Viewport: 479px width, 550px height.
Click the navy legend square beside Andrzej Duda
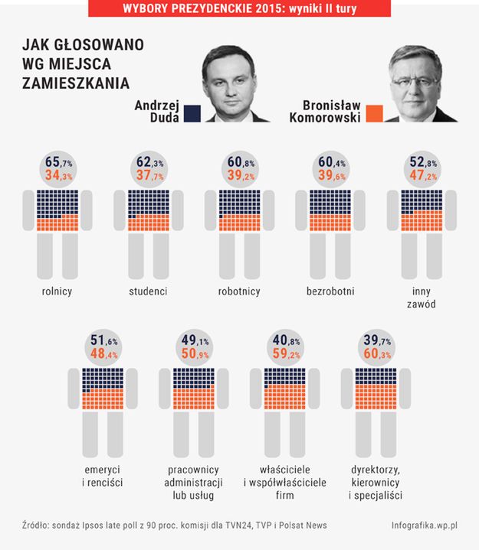point(191,114)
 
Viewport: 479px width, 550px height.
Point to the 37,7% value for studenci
point(150,177)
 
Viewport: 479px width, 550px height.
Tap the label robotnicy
point(239,291)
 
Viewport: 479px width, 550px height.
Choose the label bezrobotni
point(330,291)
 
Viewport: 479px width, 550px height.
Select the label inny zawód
point(421,298)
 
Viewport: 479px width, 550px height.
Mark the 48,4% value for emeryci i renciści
point(104,354)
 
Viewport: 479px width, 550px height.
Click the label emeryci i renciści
point(105,476)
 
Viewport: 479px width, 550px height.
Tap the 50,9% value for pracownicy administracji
point(195,354)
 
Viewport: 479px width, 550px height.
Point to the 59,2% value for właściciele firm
point(284,354)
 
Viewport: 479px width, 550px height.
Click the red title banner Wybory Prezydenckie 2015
point(240,8)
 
